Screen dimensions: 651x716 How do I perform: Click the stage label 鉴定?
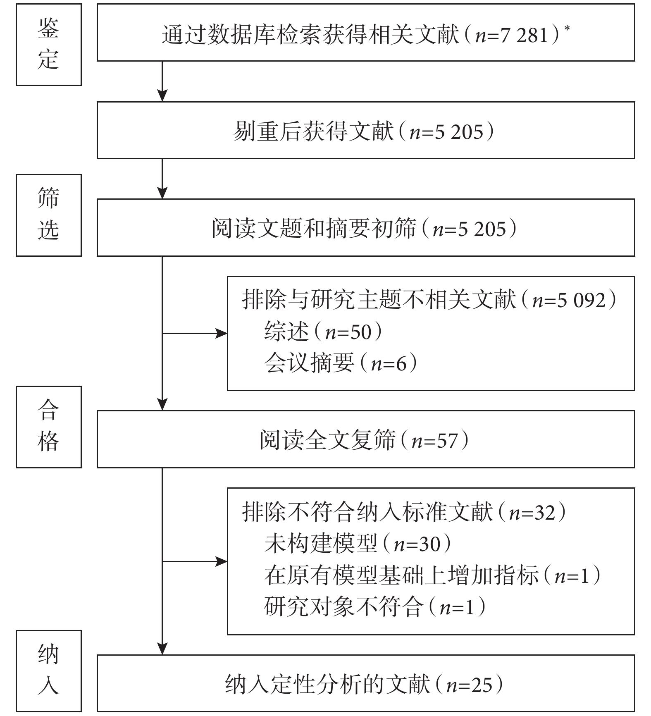[x=48, y=45]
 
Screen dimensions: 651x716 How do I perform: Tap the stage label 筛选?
[x=48, y=215]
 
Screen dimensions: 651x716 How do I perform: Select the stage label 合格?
[x=48, y=426]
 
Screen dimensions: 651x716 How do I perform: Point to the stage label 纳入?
[x=48, y=671]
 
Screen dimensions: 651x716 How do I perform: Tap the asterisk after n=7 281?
[x=567, y=28]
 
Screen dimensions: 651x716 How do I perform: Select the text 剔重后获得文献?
[x=314, y=131]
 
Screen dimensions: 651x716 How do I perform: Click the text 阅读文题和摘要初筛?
[x=314, y=229]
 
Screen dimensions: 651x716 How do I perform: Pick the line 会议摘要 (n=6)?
[x=341, y=363]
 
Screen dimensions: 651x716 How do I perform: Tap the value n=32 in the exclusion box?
[x=532, y=513]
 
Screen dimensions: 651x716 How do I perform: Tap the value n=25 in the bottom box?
[x=470, y=685]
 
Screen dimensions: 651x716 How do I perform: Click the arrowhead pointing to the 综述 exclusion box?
[x=221, y=333]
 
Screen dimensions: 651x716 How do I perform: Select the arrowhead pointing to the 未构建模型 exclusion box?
[x=221, y=561]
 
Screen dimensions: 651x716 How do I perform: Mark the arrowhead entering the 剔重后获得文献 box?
[x=162, y=95]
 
